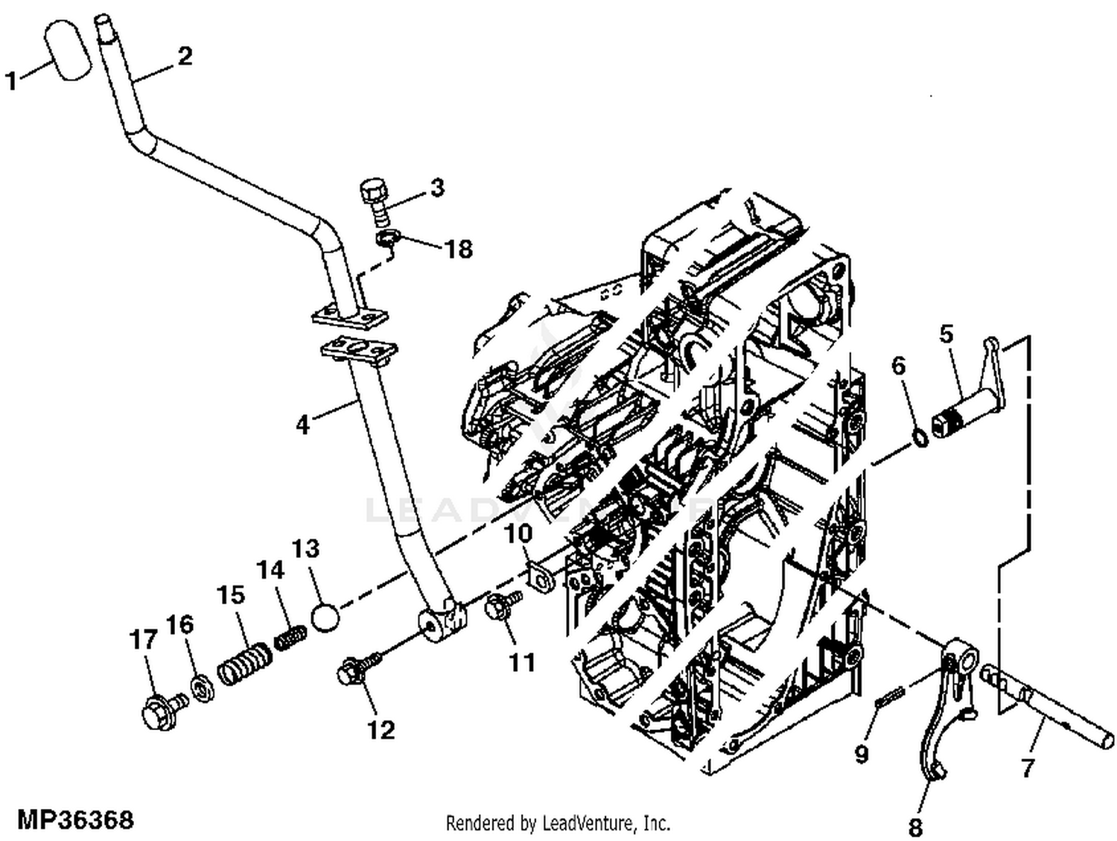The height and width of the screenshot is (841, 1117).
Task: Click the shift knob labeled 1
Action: click(69, 51)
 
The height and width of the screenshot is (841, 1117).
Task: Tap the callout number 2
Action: click(184, 56)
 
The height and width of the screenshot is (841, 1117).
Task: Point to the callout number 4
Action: click(302, 425)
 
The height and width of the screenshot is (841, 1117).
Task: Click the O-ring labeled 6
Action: click(920, 437)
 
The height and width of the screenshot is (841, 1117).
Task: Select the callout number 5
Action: click(946, 334)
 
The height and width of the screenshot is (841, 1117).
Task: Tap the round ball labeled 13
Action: click(325, 617)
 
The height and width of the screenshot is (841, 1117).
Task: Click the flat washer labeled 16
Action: click(200, 688)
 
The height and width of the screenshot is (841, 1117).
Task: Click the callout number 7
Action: click(1028, 767)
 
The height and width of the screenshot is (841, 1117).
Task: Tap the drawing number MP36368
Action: click(75, 820)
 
